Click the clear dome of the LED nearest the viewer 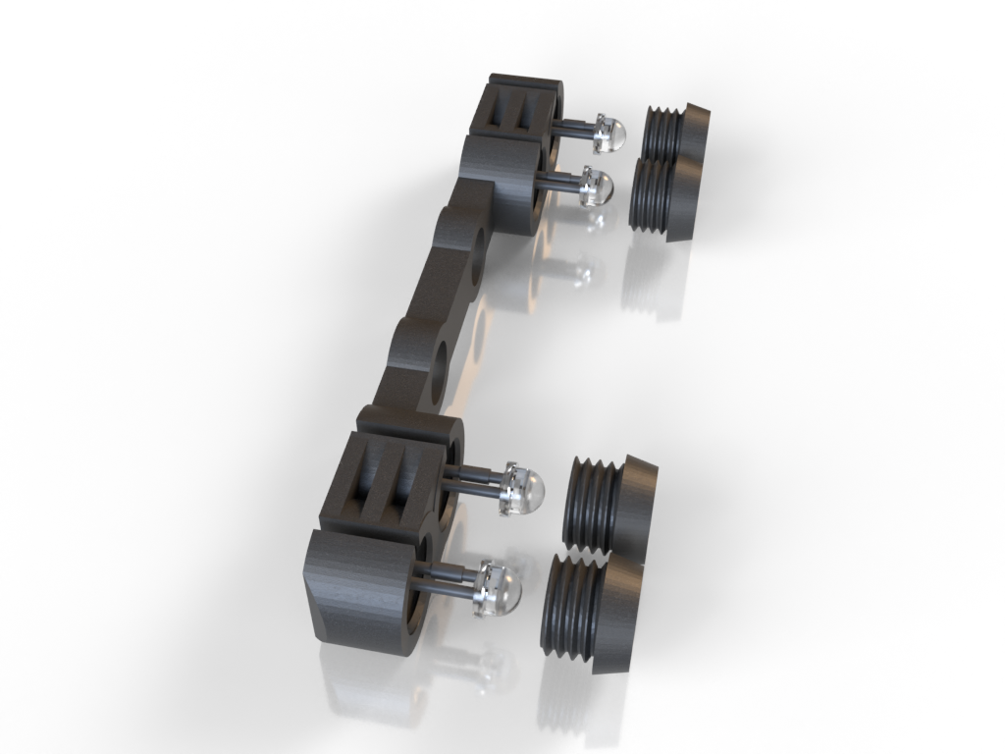502,590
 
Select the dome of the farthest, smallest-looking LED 611,134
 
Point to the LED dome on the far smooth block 596,186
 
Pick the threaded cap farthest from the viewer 677,132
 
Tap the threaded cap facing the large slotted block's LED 608,503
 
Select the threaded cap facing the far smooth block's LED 663,196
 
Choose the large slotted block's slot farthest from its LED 364,477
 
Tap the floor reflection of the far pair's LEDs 579,270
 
